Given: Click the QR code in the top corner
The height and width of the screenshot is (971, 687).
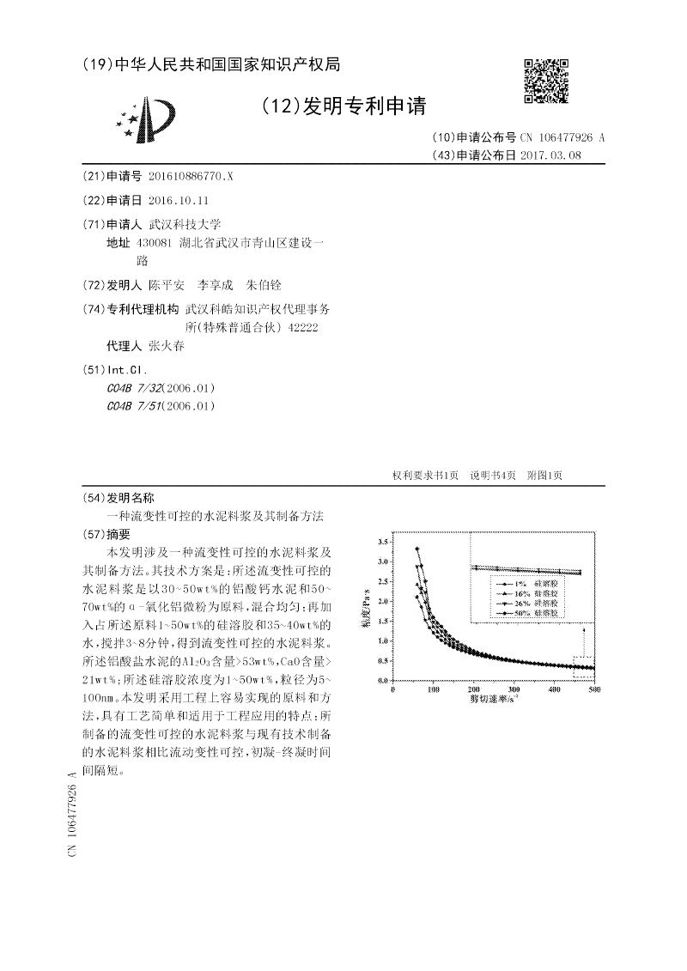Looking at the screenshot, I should coord(546,82).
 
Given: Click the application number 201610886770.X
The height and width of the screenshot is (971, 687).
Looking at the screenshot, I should coord(191,176).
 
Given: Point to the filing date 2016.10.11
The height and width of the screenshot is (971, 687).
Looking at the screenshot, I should coord(179,200).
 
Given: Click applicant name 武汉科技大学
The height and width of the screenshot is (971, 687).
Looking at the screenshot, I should coord(185,223).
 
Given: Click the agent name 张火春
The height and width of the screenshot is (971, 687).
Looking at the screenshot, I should coord(167,346).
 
